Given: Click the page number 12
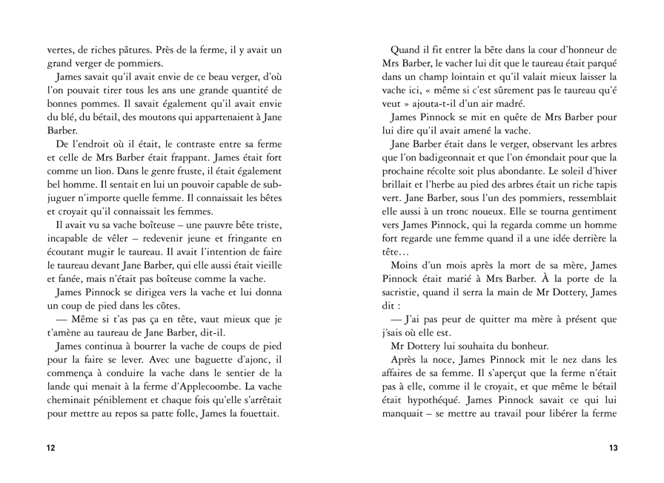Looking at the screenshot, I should pyautogui.click(x=50, y=448).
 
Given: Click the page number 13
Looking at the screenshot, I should pyautogui.click(x=613, y=448).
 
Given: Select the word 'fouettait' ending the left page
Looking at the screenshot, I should pyautogui.click(x=255, y=413).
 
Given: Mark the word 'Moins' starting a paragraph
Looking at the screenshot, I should pyautogui.click(x=405, y=265).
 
